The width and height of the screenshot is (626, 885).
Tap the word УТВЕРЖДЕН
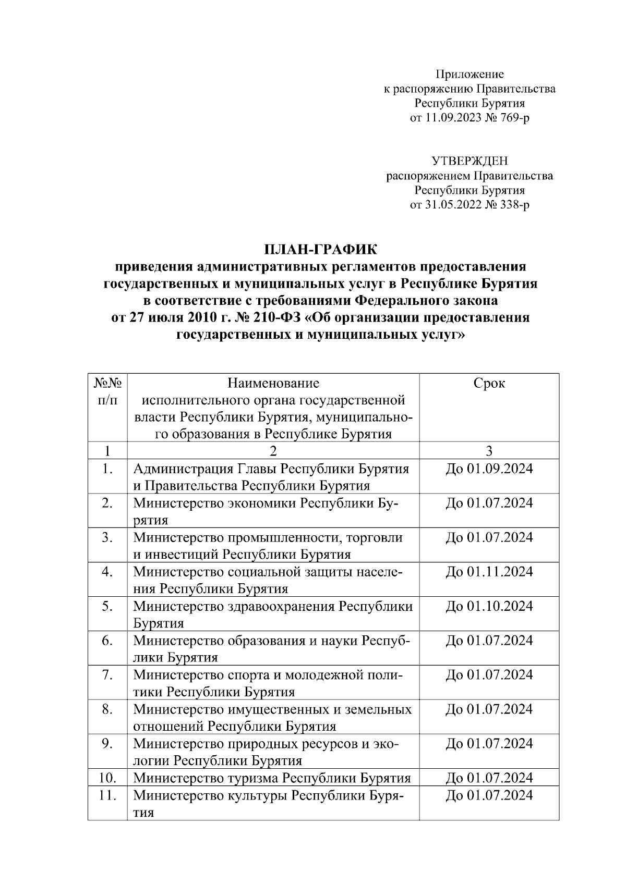pos(469,161)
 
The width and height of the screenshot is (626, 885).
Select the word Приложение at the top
pos(469,74)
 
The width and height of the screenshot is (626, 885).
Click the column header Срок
pos(489,384)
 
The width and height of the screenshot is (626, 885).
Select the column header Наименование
pos(273,384)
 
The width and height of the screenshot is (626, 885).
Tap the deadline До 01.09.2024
pos(489,469)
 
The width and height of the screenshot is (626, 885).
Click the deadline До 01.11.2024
pos(489,572)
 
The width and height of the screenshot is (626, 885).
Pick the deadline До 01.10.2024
pos(489,606)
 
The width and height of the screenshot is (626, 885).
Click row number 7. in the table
pos(107,675)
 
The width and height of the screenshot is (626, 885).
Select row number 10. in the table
pos(107,778)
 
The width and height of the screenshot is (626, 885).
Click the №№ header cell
pos(107,384)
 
